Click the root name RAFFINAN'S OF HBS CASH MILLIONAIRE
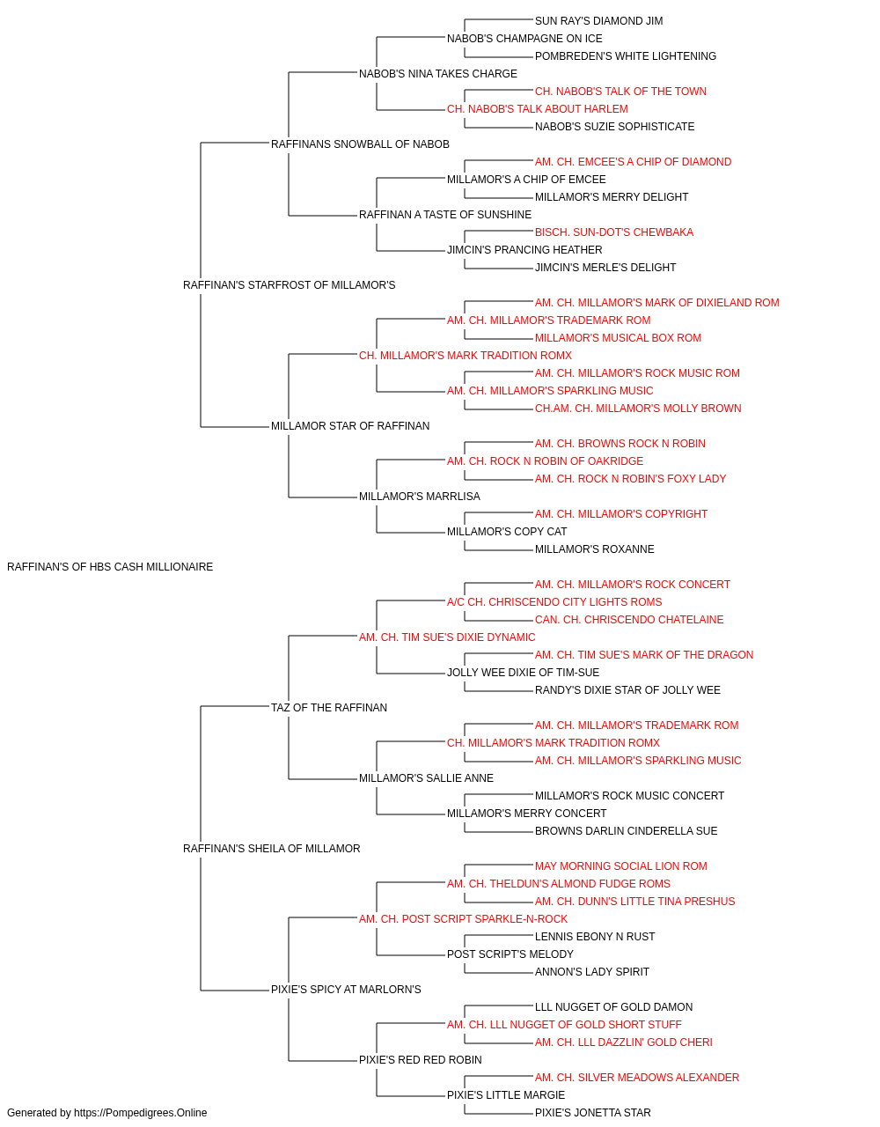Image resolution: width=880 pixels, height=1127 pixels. (x=110, y=567)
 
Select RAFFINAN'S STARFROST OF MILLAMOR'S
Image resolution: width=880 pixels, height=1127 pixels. (x=290, y=285)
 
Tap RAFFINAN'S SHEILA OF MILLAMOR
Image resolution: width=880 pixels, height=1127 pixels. (x=272, y=849)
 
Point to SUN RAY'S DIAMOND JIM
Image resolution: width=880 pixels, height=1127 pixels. (x=598, y=21)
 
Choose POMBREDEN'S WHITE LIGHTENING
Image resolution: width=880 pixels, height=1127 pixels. (x=626, y=56)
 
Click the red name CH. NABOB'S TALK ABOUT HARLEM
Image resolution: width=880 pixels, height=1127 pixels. (x=538, y=109)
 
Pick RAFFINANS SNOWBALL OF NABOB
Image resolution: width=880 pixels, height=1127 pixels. (x=360, y=144)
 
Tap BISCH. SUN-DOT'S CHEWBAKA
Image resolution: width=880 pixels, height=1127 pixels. (x=614, y=232)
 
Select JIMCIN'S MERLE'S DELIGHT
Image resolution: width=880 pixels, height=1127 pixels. (x=605, y=268)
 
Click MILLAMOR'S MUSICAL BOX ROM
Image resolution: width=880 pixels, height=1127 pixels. (x=618, y=338)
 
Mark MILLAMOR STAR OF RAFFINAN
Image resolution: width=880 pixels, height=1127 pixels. (x=350, y=426)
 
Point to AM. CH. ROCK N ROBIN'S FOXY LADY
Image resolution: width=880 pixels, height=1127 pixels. (x=630, y=479)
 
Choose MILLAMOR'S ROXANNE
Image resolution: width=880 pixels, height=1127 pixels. (x=595, y=549)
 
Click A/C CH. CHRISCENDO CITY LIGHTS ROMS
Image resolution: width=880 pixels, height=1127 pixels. (x=554, y=602)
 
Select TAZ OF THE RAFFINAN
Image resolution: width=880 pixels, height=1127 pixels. (x=329, y=708)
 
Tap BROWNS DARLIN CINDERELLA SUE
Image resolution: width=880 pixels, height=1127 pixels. (x=626, y=831)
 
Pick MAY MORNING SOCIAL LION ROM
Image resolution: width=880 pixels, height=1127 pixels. (x=621, y=866)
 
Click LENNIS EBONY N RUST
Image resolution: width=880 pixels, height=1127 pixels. (x=595, y=937)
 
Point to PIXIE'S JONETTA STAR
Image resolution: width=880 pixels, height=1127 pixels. (x=593, y=1113)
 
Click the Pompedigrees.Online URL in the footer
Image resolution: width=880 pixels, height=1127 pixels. (x=141, y=1113)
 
